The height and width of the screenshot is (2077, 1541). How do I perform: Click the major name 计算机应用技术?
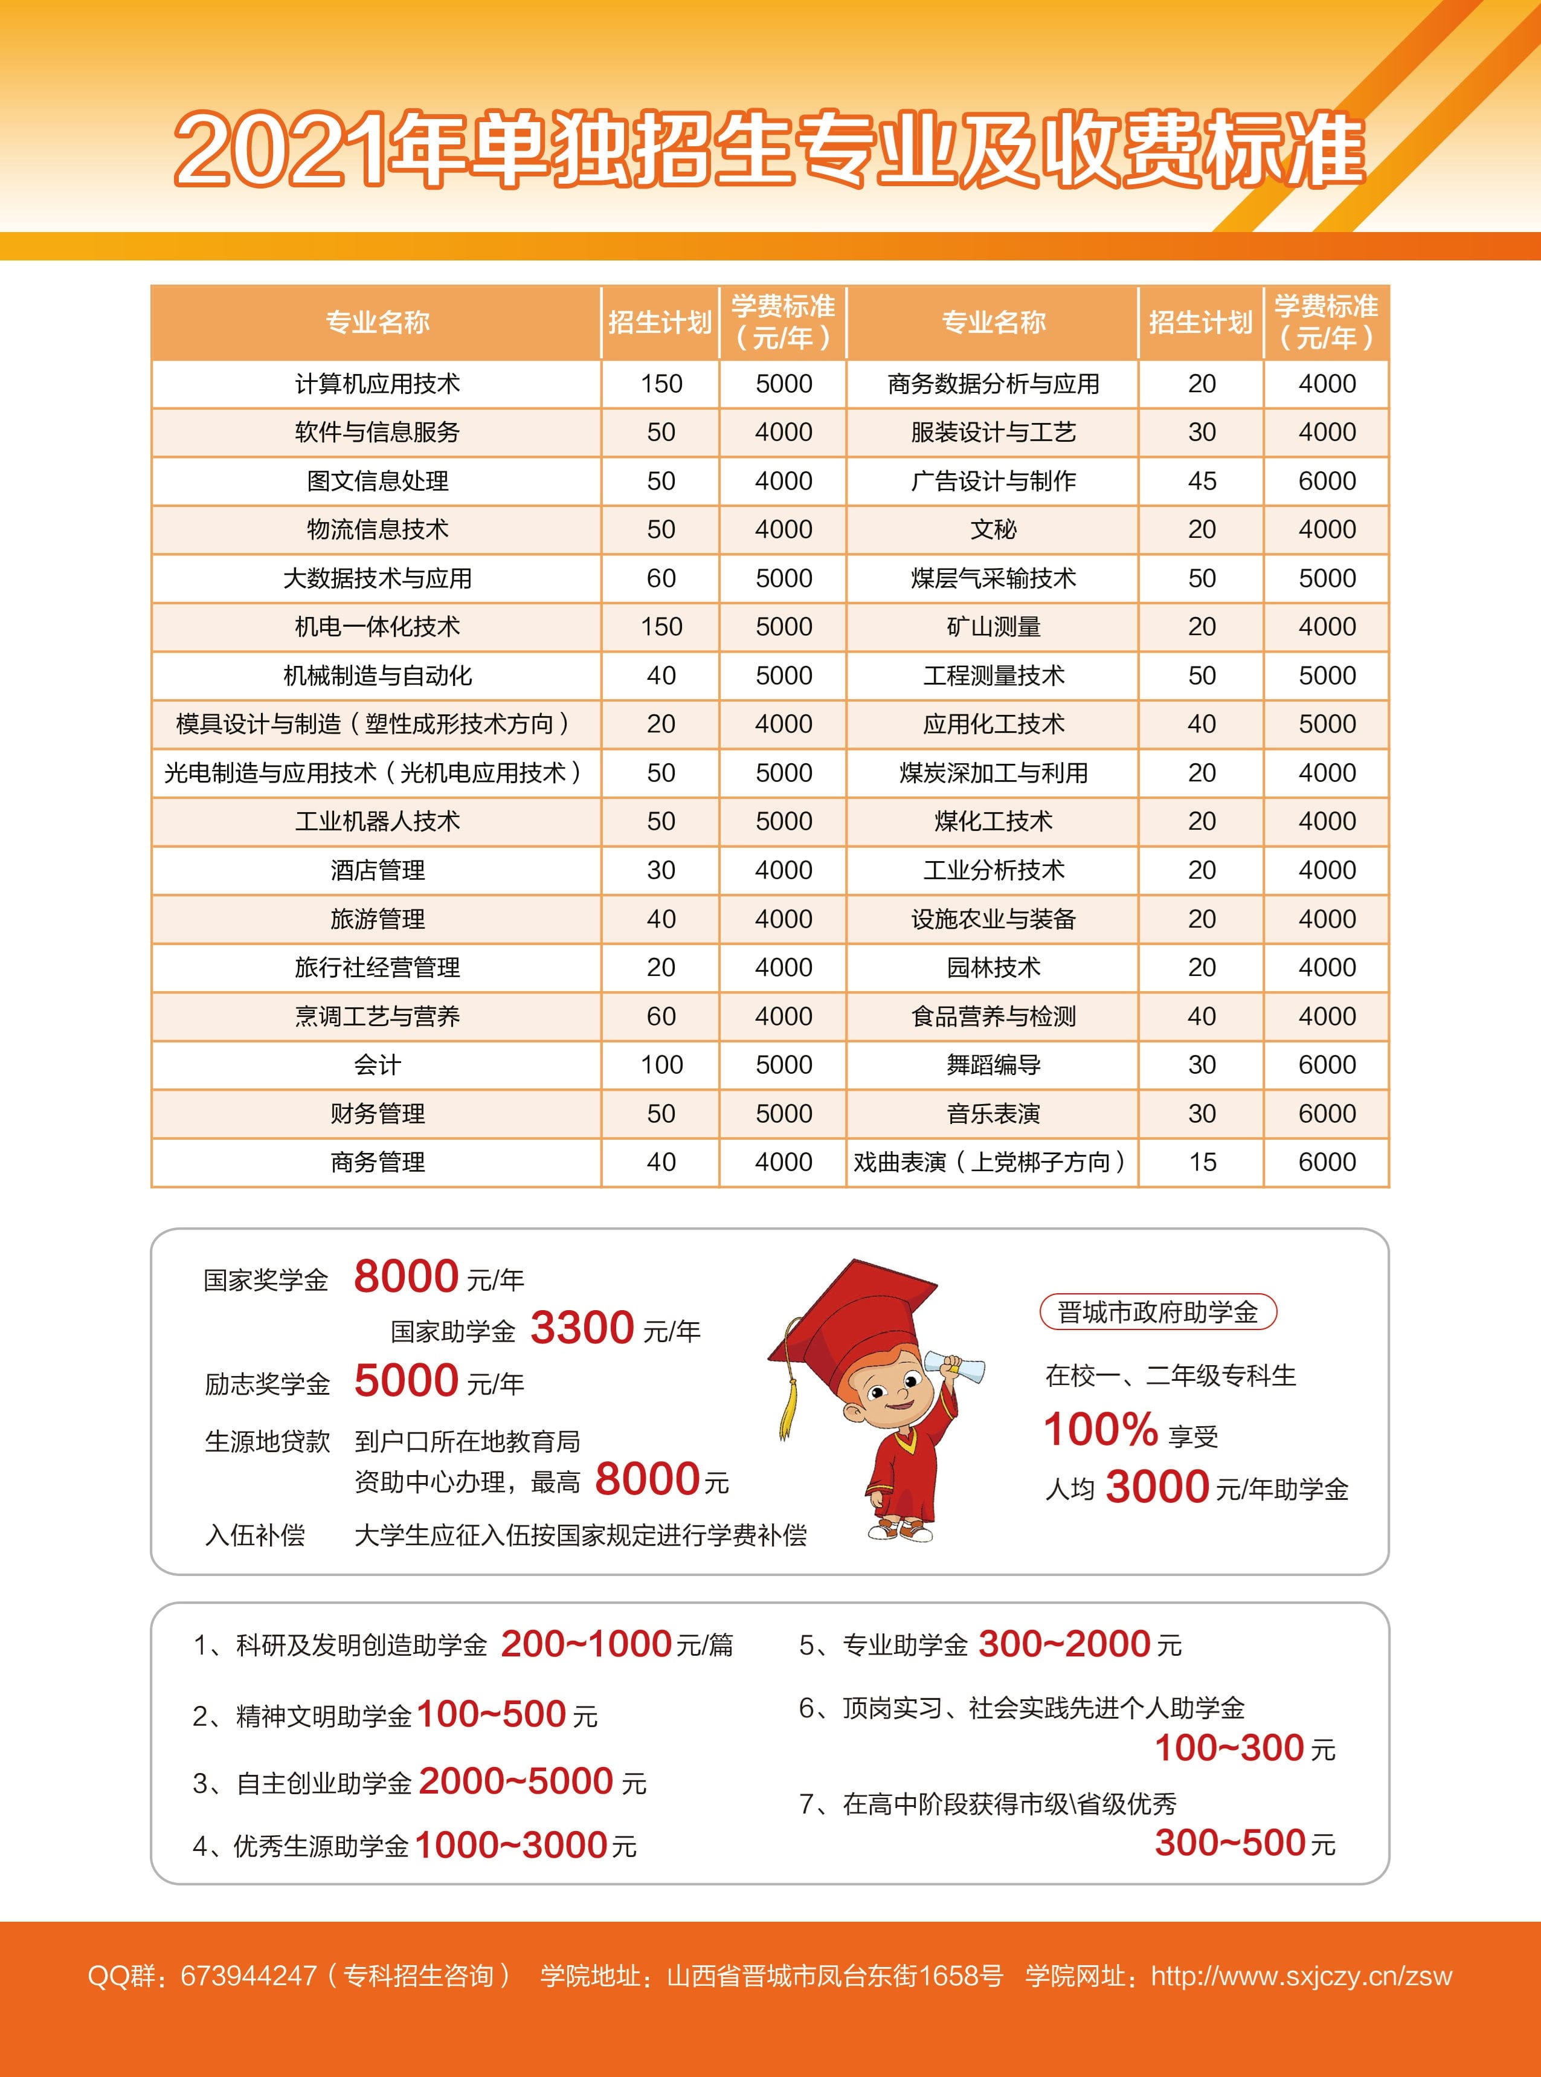(x=377, y=384)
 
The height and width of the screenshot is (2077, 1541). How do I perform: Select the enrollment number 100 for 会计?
(x=661, y=1065)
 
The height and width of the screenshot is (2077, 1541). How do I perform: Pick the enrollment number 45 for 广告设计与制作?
(x=1202, y=480)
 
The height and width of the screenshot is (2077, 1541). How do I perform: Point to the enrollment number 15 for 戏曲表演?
(x=1202, y=1161)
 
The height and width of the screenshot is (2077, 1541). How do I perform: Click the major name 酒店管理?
(x=377, y=870)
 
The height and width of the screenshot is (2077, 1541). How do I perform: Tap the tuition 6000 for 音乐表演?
(x=1327, y=1113)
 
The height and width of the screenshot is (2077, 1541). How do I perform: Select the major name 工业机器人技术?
(x=377, y=821)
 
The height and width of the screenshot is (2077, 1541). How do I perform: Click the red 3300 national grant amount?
(x=582, y=1328)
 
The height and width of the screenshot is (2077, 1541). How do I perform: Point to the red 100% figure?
(x=1100, y=1429)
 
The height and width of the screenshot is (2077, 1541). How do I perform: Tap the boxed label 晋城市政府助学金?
(x=1157, y=1312)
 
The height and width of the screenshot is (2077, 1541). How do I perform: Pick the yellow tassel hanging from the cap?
(x=789, y=1400)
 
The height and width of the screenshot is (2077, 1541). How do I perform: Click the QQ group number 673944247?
(x=249, y=1975)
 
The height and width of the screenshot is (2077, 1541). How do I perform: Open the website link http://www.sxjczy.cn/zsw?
(x=1301, y=1975)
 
